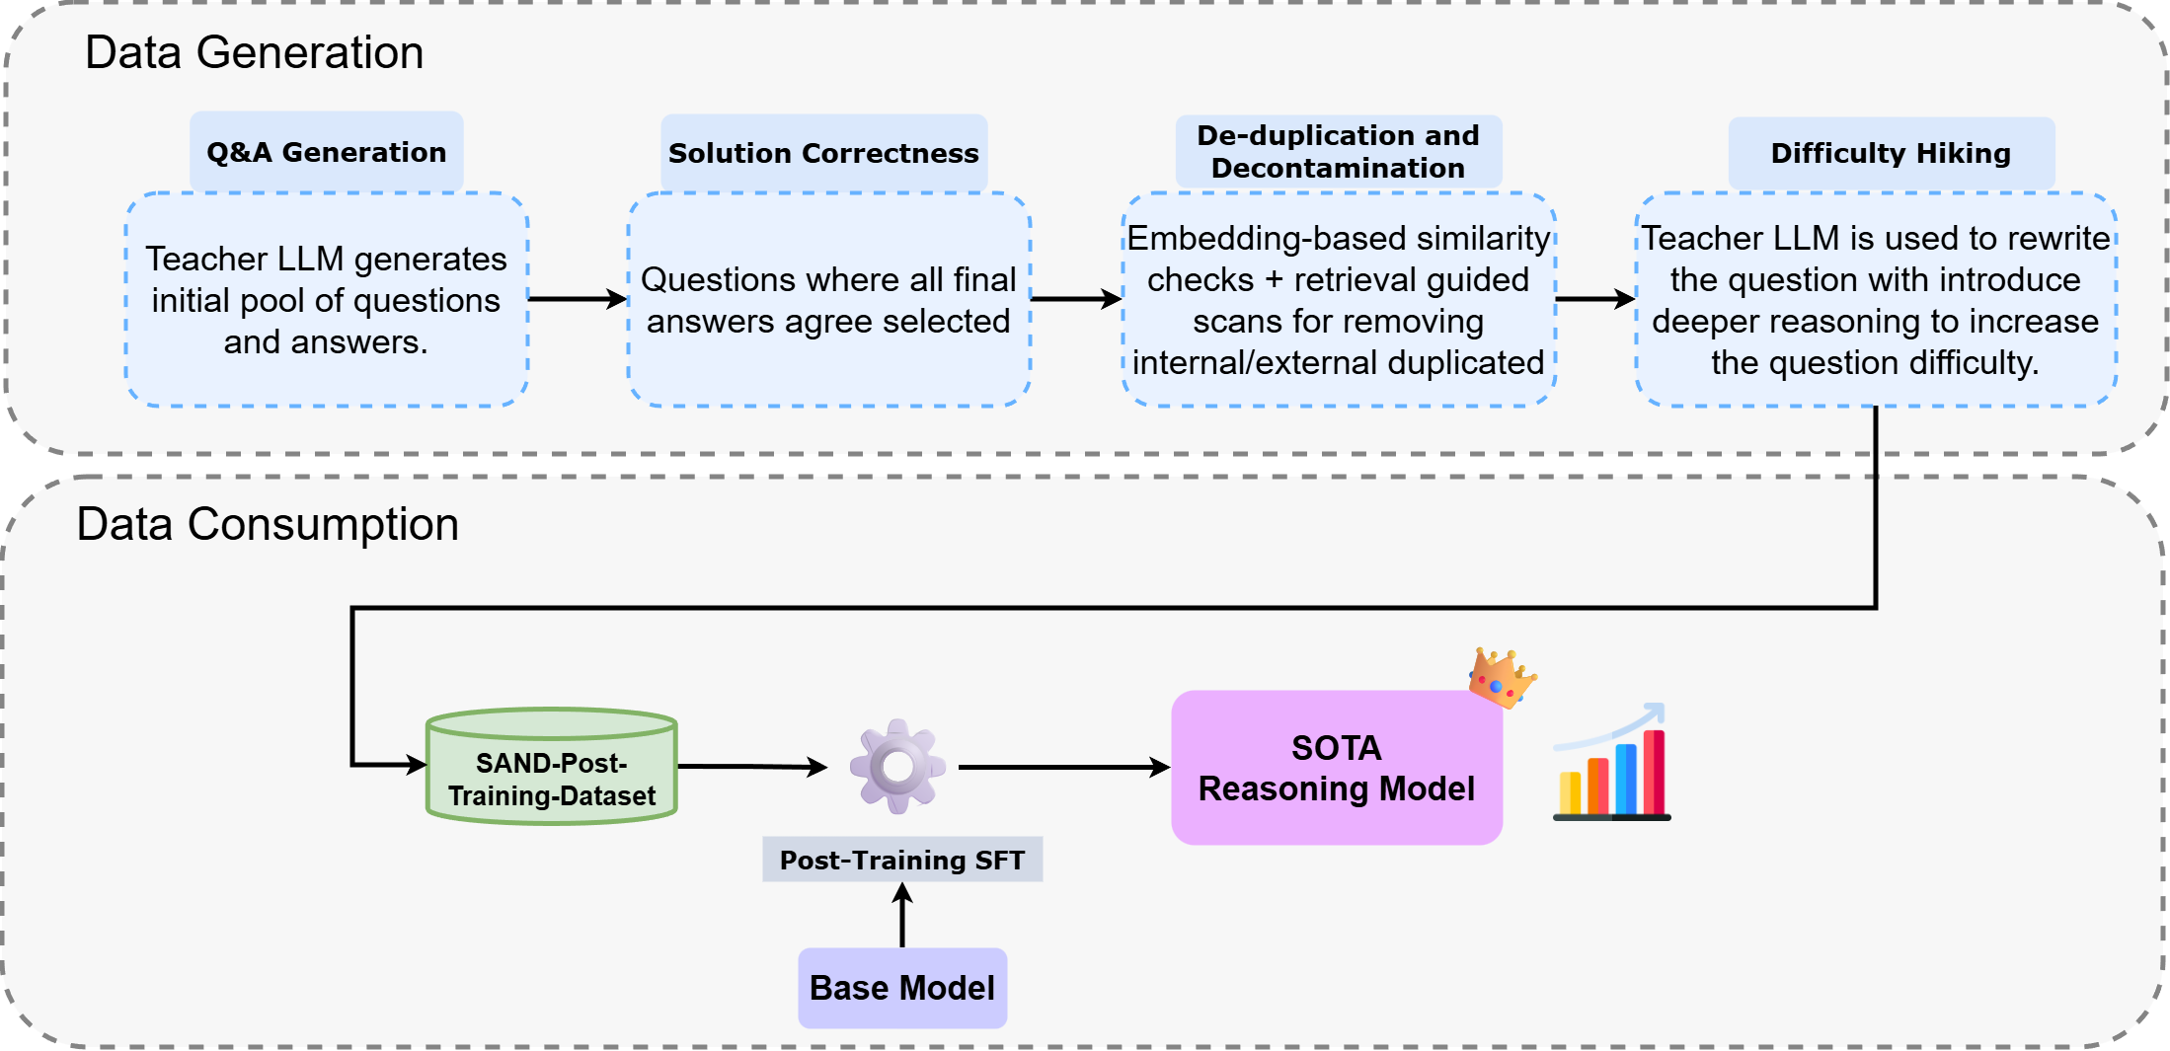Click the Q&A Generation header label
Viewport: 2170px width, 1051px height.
click(326, 152)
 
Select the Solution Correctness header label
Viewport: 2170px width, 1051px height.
click(823, 153)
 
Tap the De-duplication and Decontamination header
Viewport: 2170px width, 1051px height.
click(1338, 151)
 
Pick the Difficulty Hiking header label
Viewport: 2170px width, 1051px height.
click(1891, 153)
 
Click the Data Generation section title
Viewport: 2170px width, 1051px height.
click(254, 52)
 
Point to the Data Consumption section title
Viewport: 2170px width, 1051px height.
click(268, 524)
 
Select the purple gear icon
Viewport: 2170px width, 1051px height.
click(897, 766)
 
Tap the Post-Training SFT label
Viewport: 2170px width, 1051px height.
click(902, 860)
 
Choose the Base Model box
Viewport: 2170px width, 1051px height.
click(902, 988)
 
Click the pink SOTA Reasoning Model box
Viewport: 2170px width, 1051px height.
click(1336, 768)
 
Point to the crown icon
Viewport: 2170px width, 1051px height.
click(1500, 678)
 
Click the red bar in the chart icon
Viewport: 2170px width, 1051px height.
click(1654, 772)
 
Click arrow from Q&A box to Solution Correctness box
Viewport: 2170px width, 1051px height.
click(578, 298)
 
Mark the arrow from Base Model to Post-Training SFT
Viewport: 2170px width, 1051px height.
click(902, 916)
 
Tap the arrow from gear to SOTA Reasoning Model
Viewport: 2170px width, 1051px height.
click(1063, 767)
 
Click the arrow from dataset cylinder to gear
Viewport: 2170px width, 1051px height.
click(751, 766)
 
